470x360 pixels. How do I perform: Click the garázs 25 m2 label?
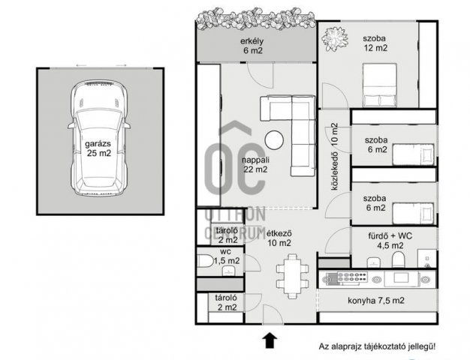(99, 148)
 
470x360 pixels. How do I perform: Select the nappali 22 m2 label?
(255, 164)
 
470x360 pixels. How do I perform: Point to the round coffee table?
(274, 139)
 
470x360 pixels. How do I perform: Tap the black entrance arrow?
(270, 340)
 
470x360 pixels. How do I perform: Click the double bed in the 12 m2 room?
(380, 85)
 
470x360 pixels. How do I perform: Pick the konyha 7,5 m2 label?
(376, 301)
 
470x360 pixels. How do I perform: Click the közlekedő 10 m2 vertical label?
(335, 157)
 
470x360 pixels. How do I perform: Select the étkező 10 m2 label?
(279, 238)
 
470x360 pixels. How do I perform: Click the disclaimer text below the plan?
(377, 346)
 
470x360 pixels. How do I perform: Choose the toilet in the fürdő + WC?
(399, 259)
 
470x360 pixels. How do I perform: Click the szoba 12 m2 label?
(375, 43)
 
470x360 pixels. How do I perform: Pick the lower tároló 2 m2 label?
(226, 302)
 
